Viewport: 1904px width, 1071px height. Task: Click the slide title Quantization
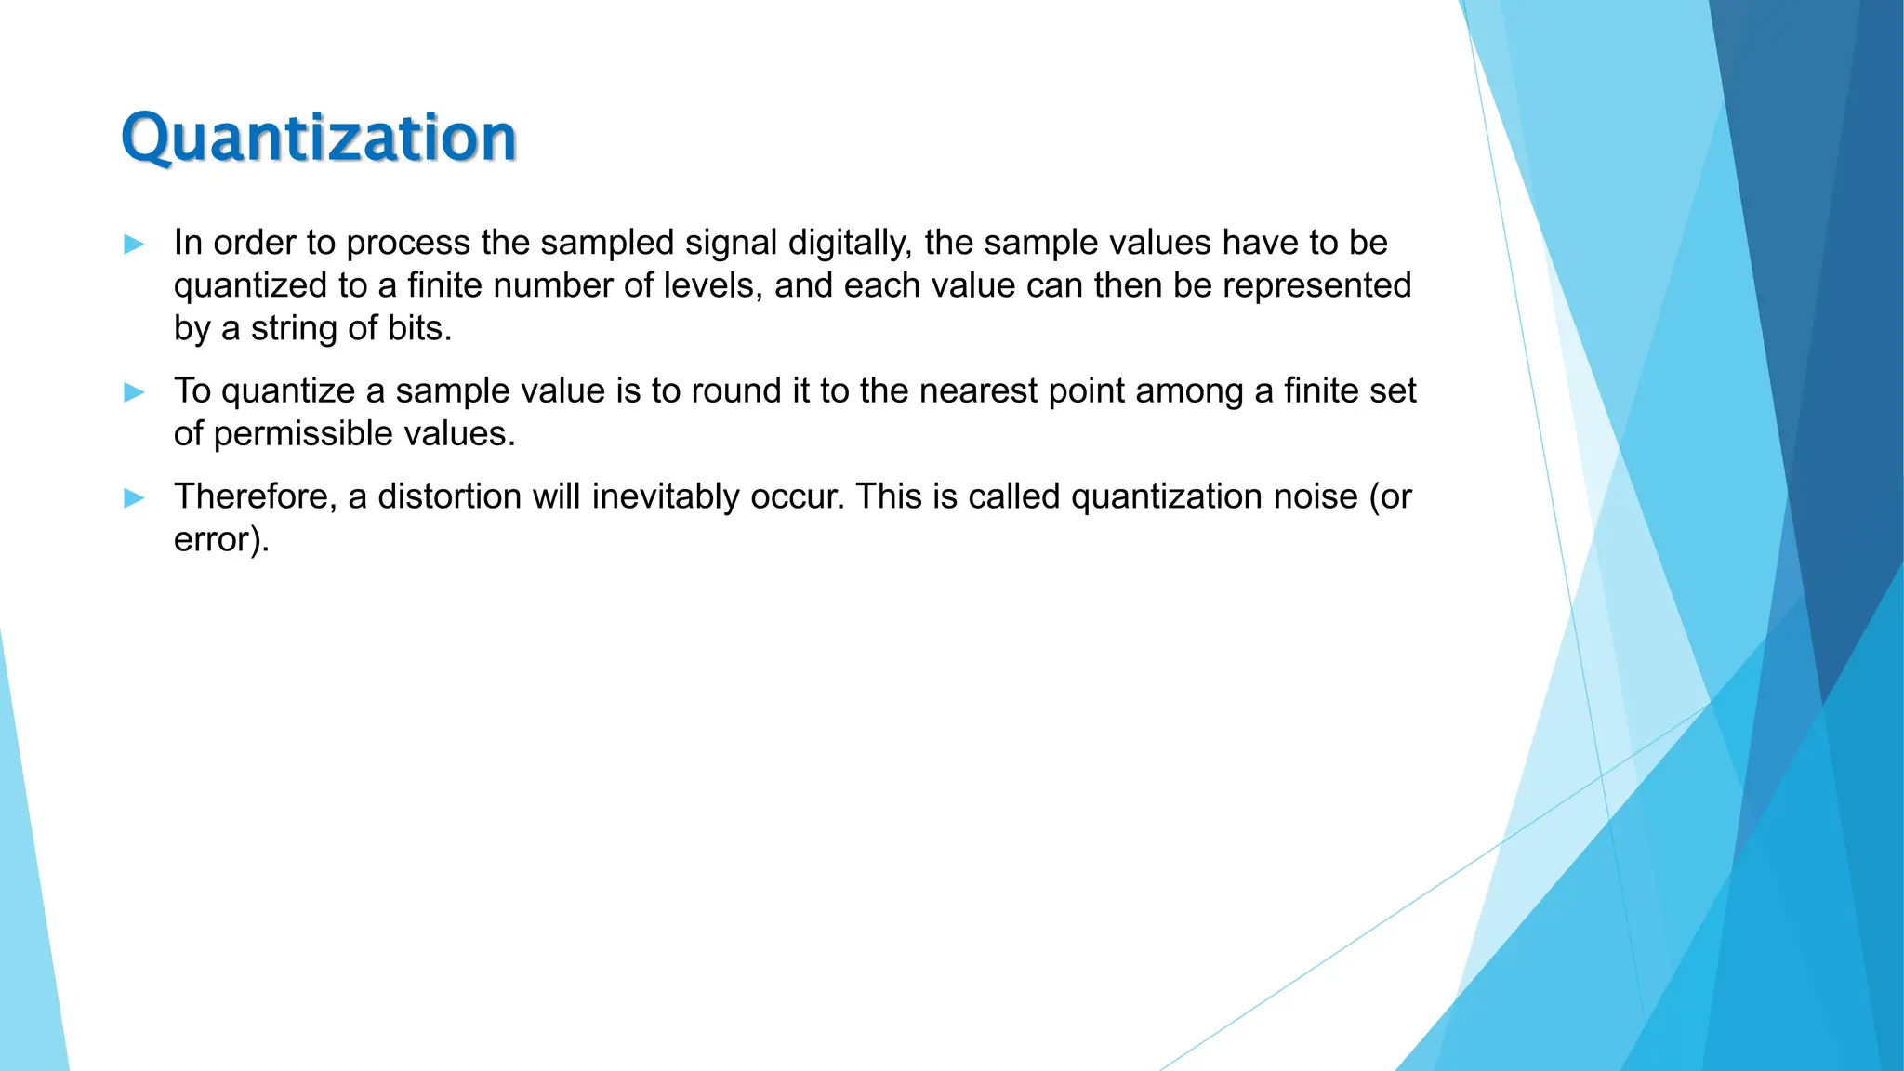tap(319, 138)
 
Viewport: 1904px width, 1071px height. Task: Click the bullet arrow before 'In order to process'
tap(134, 245)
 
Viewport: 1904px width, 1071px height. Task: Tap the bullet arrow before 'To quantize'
tap(134, 392)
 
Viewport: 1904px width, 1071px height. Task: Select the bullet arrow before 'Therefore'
tap(134, 498)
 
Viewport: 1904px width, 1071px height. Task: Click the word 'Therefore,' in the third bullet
tap(256, 497)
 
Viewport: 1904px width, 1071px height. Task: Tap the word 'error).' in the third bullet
tap(221, 540)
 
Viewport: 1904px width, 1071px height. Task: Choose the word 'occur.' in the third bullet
tap(798, 497)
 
